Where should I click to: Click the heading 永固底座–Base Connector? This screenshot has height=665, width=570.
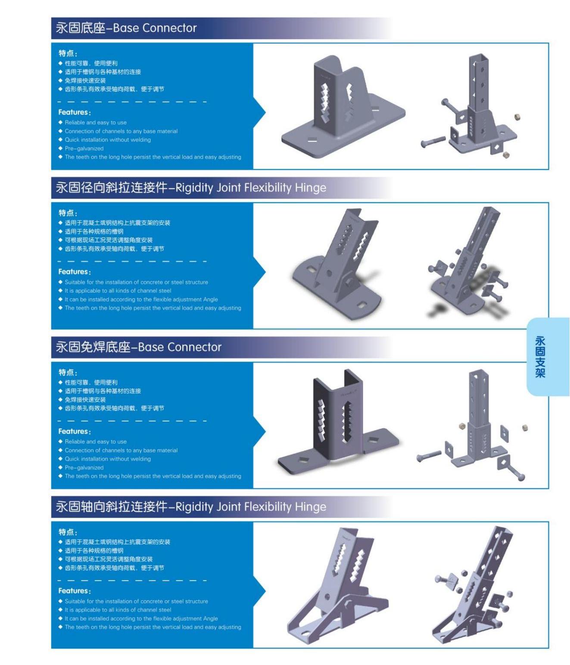[x=126, y=28]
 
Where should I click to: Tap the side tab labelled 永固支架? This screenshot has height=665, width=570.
[x=540, y=356]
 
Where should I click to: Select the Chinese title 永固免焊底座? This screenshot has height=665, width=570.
[x=93, y=347]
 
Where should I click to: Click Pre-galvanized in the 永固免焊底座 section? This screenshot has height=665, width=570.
[x=84, y=468]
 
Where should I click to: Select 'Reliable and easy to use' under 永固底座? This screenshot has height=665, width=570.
[x=96, y=122]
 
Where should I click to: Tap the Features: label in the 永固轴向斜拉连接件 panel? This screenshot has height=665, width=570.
[x=75, y=591]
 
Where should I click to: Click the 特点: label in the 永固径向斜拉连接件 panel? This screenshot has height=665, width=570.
[x=68, y=213]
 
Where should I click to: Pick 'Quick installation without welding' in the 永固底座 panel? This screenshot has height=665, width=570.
[x=108, y=140]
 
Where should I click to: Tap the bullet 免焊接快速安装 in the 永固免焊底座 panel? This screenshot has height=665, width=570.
[x=85, y=400]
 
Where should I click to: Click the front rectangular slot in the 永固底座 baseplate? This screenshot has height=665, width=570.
[x=312, y=140]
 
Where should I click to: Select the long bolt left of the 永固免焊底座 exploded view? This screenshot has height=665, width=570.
[x=428, y=456]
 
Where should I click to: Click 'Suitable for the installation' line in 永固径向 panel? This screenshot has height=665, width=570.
[x=137, y=282]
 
